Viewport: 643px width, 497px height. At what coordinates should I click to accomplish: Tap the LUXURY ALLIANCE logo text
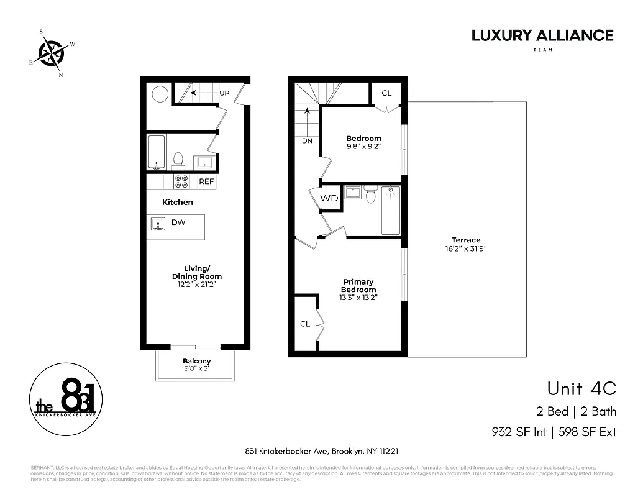[x=542, y=35]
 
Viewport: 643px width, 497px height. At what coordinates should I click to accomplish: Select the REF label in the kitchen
[x=206, y=182]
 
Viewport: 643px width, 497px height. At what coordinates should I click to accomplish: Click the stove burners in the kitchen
[x=181, y=181]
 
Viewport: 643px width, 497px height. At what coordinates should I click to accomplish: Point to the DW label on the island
[x=178, y=222]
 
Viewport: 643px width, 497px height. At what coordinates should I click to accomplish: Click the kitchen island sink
[x=158, y=224]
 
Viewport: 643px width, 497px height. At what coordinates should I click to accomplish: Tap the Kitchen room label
[x=178, y=202]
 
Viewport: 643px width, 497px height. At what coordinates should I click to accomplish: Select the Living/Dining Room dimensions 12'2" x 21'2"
[x=196, y=285]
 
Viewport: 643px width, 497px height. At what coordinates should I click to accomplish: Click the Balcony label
[x=196, y=361]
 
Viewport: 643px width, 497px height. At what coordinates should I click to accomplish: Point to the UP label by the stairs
[x=224, y=93]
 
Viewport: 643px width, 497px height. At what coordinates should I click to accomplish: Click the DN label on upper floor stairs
[x=307, y=140]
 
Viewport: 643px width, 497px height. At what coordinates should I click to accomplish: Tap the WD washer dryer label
[x=329, y=199]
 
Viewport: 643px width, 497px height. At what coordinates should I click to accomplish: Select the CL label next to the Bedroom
[x=386, y=93]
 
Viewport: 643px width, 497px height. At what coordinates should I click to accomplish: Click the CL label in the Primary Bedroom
[x=305, y=324]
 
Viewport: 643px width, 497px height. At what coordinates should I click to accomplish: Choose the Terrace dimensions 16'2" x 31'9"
[x=466, y=248]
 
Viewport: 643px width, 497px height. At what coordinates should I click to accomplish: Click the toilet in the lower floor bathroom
[x=178, y=161]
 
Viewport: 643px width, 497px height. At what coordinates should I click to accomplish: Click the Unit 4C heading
[x=581, y=388]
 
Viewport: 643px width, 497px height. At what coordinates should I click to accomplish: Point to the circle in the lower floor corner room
[x=160, y=94]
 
